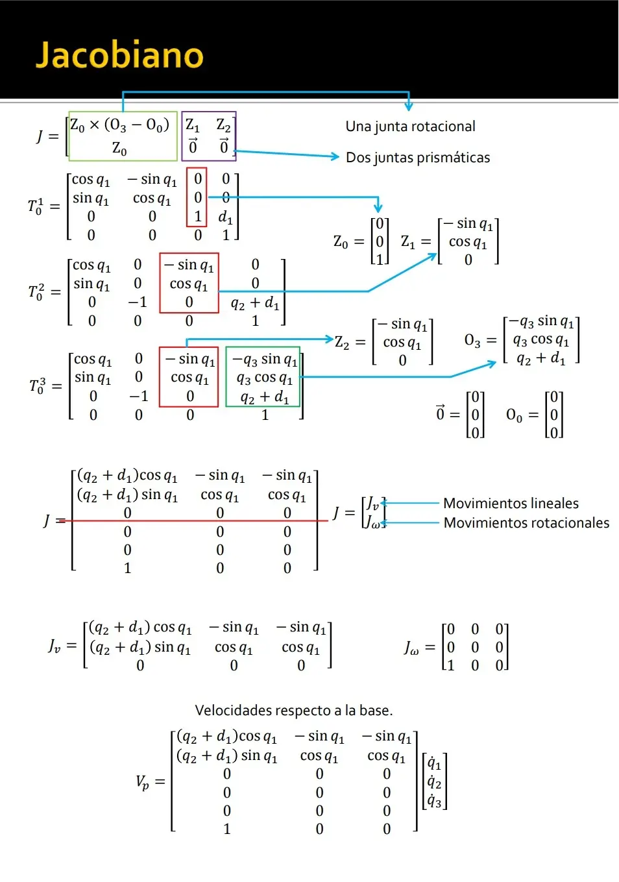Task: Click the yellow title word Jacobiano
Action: click(120, 55)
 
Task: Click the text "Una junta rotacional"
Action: click(410, 127)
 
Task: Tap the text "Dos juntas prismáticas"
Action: click(418, 158)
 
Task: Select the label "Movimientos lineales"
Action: click(511, 504)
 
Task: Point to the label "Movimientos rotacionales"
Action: click(526, 523)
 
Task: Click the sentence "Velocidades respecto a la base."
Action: click(294, 711)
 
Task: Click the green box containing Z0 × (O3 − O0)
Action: click(123, 136)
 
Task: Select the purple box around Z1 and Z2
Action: click(208, 136)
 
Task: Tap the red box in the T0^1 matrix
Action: click(197, 197)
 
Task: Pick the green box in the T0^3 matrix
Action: click(263, 377)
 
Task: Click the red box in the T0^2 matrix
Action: click(189, 283)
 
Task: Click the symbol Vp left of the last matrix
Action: click(143, 782)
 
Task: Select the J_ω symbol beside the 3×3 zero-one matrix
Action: click(411, 648)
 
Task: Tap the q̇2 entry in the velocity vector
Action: click(434, 782)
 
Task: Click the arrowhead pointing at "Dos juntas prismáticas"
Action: click(335, 156)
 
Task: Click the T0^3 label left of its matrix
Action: click(38, 386)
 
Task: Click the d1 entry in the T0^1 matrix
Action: click(225, 217)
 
